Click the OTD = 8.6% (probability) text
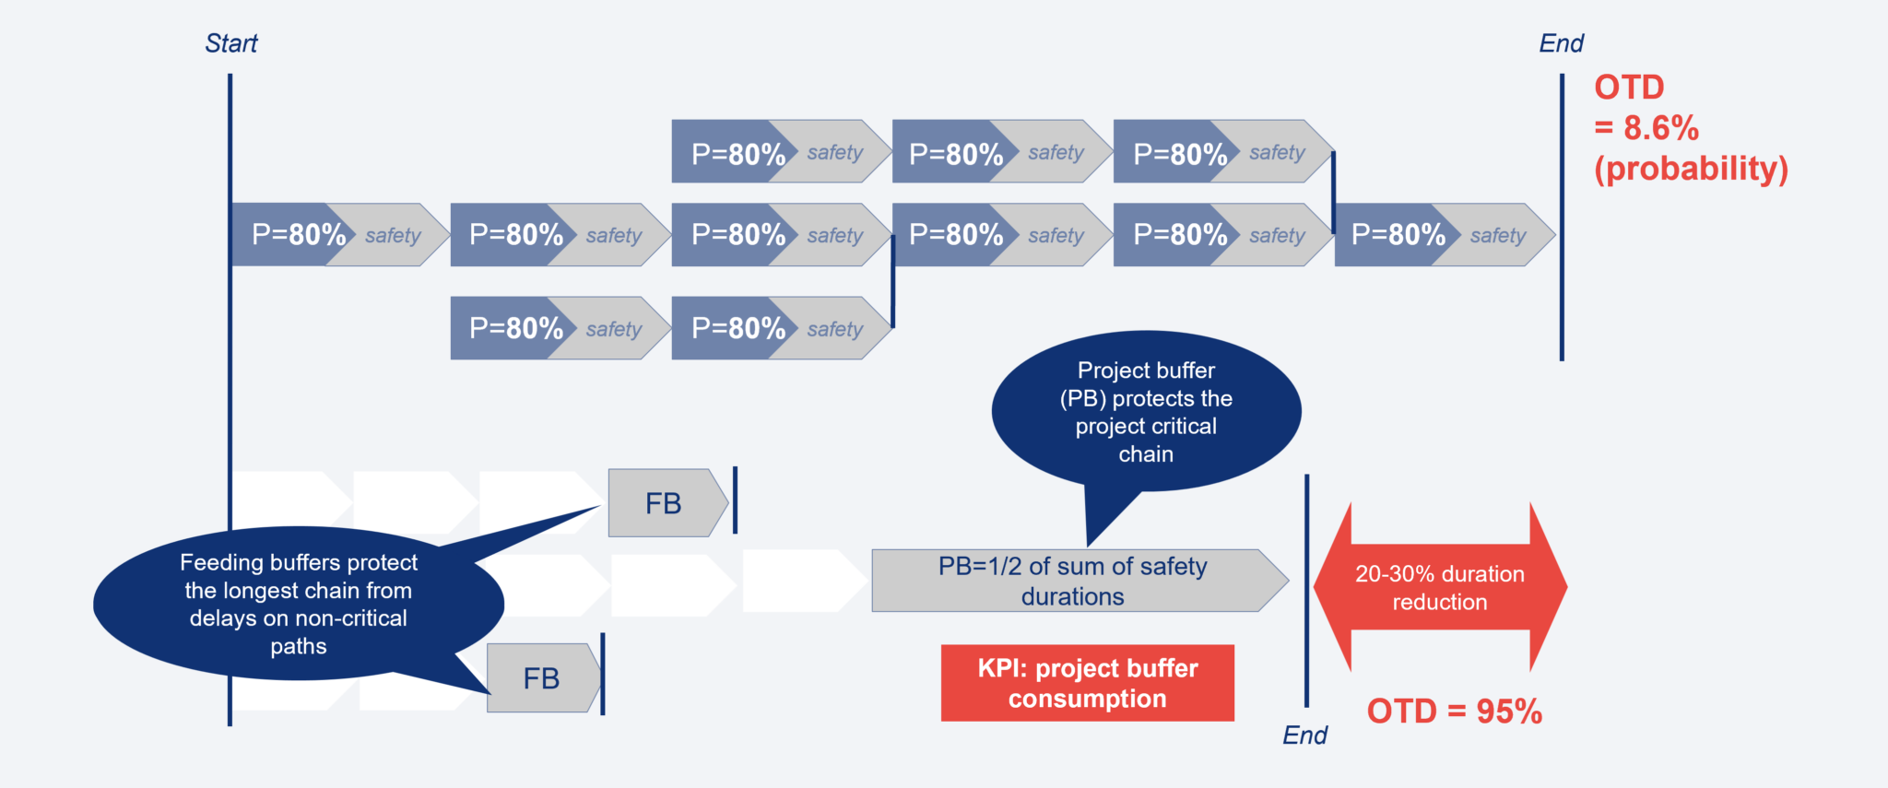(1690, 128)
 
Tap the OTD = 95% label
(1454, 712)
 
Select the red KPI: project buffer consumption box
(1087, 683)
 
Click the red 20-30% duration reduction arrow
(1439, 587)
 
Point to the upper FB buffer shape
(665, 503)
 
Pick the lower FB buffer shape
(542, 678)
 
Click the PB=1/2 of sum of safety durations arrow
(1072, 581)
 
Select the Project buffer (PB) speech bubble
(1146, 412)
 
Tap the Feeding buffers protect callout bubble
(298, 604)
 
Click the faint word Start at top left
(231, 43)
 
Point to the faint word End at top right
(1562, 43)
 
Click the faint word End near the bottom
(1304, 735)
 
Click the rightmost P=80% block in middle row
(1398, 235)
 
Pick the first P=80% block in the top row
(737, 153)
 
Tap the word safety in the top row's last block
(1277, 152)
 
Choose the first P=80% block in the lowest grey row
(515, 328)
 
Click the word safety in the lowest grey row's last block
(834, 329)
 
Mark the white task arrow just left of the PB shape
(802, 581)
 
